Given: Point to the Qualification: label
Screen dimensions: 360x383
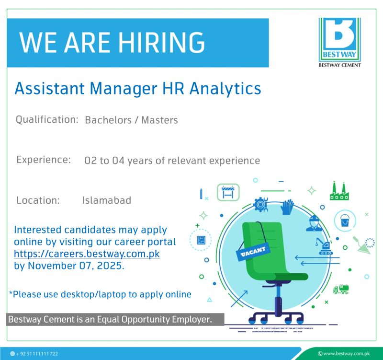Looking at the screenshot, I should [47, 119].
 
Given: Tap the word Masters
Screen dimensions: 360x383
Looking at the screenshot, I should [161, 120].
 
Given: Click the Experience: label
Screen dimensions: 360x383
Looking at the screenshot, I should [44, 159].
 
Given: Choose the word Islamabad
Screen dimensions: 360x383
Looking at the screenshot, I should [107, 200].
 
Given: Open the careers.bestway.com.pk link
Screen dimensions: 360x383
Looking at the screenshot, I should [87, 254].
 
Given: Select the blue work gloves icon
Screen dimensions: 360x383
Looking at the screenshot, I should [288, 207].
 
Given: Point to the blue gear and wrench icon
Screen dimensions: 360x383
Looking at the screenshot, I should [261, 204].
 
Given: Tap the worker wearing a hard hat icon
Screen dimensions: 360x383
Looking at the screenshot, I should [314, 222].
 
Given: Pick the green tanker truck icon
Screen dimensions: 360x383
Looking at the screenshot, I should [341, 289].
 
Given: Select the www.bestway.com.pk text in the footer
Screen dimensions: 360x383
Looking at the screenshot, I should [342, 354].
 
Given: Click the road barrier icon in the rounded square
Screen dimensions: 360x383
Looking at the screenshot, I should [228, 192].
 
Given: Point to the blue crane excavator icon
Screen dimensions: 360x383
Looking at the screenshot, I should [323, 246].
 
